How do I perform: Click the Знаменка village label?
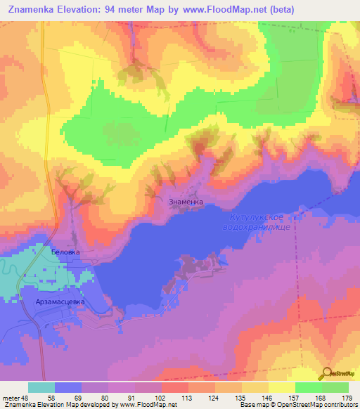point(186,201)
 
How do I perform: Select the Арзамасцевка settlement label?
point(60,301)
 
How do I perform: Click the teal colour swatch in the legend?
point(41,387)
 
